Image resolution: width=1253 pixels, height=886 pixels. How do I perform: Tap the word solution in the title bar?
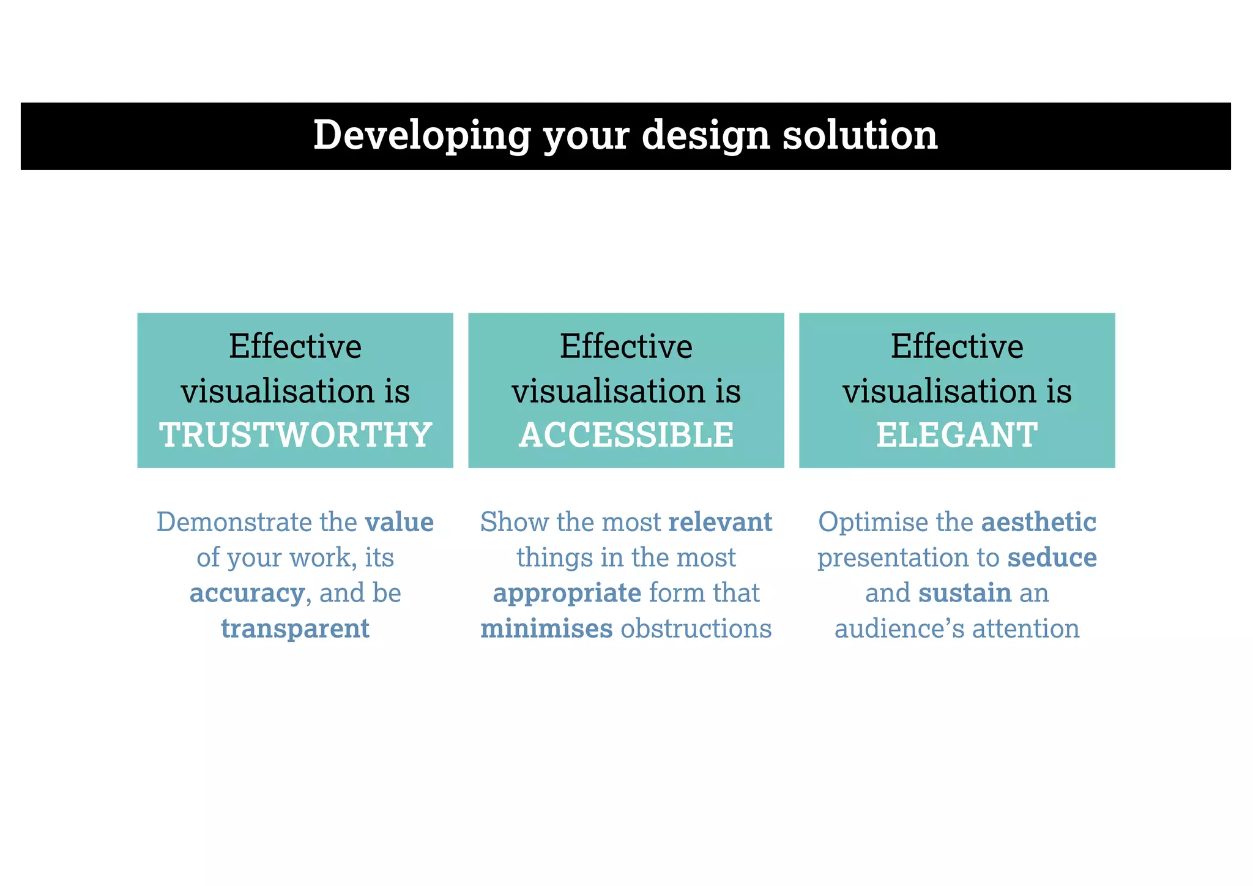pos(860,135)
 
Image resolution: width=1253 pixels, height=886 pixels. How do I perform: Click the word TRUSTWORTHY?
pos(296,435)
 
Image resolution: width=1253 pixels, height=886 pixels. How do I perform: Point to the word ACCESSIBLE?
pos(626,435)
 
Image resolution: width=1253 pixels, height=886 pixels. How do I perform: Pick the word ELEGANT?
pos(957,435)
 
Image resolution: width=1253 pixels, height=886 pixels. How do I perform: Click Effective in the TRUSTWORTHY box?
pos(295,346)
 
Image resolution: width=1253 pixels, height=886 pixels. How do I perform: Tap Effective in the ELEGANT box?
pos(957,346)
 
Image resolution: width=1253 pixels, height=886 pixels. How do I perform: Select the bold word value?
pos(400,522)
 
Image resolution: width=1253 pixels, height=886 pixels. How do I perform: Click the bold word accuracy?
pos(247,593)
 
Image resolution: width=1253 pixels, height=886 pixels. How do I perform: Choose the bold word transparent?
pos(295,628)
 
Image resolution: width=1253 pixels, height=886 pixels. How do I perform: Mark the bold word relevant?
pos(720,522)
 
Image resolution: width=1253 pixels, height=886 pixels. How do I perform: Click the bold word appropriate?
pos(567,593)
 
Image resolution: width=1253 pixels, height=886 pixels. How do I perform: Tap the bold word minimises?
pos(546,628)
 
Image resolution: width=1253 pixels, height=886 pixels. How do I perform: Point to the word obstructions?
pos(696,628)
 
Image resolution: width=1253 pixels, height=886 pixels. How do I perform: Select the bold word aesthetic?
pos(1038,522)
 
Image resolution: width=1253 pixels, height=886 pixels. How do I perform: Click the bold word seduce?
pos(1052,557)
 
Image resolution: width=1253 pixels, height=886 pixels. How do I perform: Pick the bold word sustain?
pos(965,593)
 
